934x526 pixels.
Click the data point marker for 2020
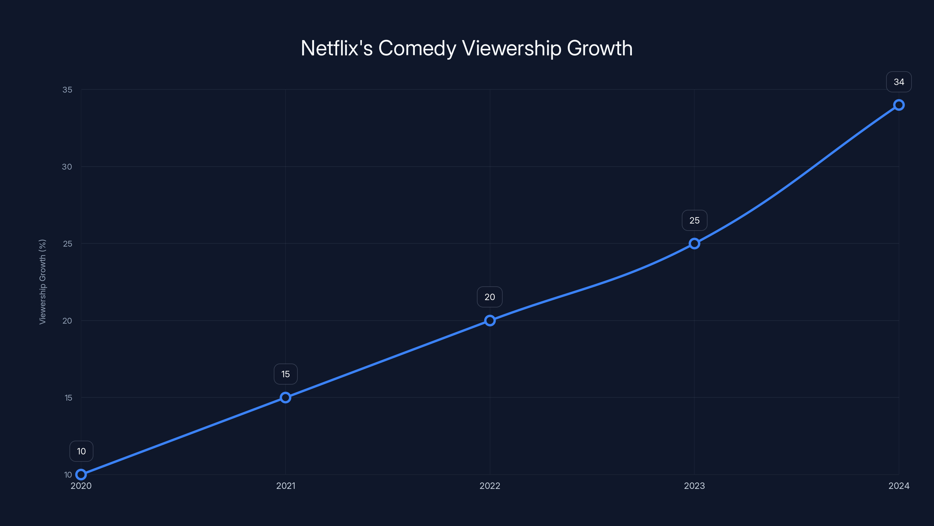(81, 475)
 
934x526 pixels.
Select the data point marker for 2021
(286, 397)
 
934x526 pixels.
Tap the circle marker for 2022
(490, 321)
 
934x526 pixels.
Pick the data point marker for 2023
(694, 244)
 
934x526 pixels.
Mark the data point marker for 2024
(899, 105)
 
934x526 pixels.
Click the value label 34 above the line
(899, 82)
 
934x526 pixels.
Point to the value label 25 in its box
(694, 220)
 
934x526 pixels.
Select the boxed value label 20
(490, 297)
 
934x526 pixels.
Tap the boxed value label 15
(286, 374)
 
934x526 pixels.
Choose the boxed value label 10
(81, 451)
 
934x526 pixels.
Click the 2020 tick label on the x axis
(81, 486)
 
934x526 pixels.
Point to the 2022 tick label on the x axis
(490, 486)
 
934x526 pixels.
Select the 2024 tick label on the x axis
(899, 486)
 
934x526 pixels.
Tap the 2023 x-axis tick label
(694, 486)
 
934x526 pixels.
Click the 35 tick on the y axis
(67, 90)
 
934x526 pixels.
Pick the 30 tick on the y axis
(67, 167)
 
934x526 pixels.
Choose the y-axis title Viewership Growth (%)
(42, 282)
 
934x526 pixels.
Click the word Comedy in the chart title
(417, 48)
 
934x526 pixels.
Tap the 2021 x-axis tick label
(286, 486)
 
